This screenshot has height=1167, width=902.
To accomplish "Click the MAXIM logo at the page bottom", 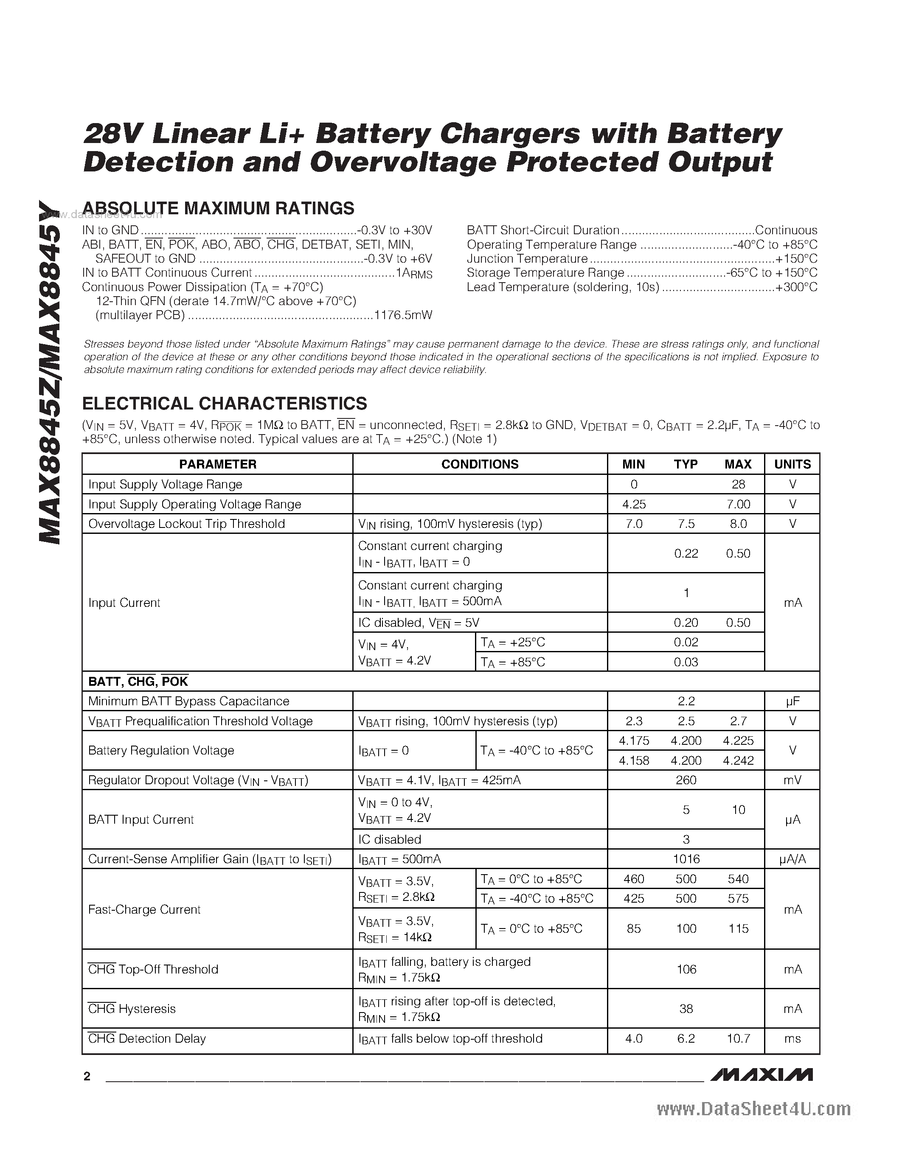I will coord(762,1075).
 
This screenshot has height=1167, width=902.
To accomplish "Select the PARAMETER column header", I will coord(217,464).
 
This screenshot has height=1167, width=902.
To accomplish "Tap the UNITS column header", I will coord(792,464).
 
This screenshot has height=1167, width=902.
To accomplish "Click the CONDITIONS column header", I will coord(480,464).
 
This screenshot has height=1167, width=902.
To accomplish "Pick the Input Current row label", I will coord(124,603).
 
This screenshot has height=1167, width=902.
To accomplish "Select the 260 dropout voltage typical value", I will coord(686,780).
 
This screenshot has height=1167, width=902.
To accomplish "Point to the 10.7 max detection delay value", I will coord(739,1039).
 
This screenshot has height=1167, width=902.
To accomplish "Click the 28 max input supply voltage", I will coord(739,484).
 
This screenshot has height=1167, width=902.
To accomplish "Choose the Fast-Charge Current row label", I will coord(144,909).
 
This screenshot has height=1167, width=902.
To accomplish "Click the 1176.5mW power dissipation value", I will coord(403,315).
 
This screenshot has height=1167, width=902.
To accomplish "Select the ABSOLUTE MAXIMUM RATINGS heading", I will coord(218,208).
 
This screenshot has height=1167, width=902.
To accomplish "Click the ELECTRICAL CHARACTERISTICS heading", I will coord(225,404).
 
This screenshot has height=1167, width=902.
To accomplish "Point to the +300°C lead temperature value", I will coord(796,287).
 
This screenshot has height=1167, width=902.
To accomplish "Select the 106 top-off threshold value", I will coord(686,969).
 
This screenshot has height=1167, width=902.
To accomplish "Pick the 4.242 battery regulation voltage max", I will coord(739,760).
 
